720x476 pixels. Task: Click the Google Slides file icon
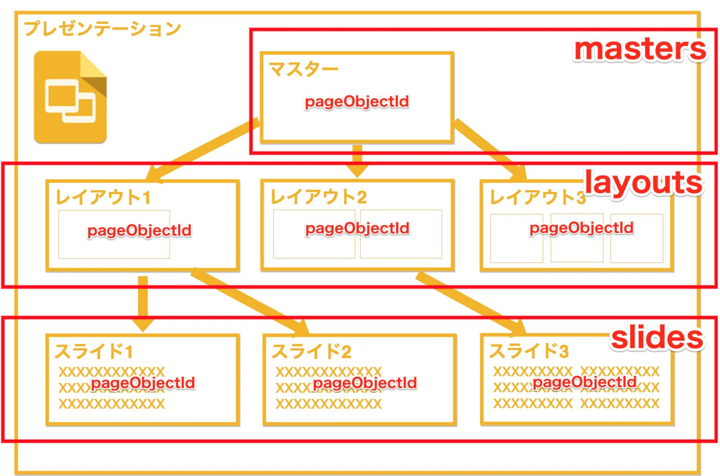(x=70, y=97)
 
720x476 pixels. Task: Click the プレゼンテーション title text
(x=103, y=29)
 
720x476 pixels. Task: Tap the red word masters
(x=640, y=49)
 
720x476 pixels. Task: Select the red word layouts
(x=643, y=183)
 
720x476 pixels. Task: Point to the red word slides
(x=657, y=337)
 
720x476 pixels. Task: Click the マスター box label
(x=304, y=69)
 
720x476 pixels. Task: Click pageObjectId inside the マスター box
(x=357, y=102)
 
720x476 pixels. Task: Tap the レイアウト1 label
(x=103, y=197)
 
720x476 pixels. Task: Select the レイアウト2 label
(x=318, y=196)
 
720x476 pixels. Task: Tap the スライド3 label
(x=529, y=351)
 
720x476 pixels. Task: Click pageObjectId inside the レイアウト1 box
(x=140, y=231)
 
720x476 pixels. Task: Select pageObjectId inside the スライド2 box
(x=365, y=383)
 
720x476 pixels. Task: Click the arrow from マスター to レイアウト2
(x=357, y=161)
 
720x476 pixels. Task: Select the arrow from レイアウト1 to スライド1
(x=143, y=304)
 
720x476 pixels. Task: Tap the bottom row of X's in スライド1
(x=112, y=404)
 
